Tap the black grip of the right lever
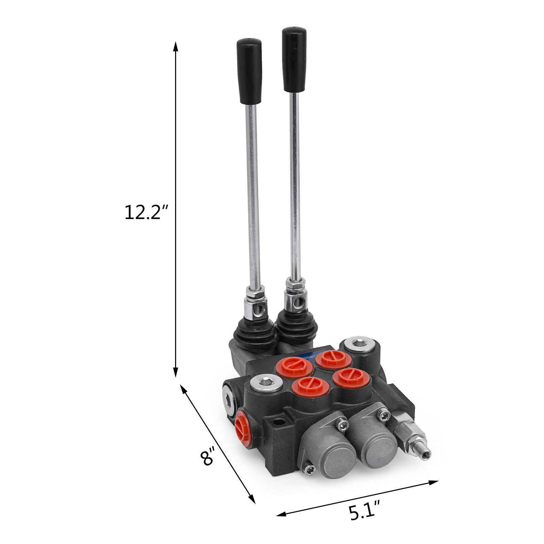pos(294,60)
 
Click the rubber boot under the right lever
pos(296,326)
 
